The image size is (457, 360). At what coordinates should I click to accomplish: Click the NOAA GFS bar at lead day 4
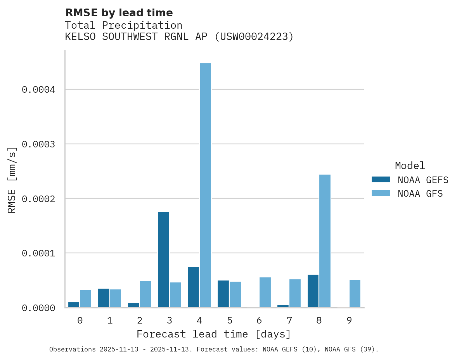pos(205,185)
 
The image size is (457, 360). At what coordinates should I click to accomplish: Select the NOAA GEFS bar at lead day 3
pos(163,260)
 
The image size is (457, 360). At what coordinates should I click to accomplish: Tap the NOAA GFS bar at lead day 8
pos(325,241)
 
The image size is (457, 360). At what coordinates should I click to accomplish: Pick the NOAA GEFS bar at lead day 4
pos(193,287)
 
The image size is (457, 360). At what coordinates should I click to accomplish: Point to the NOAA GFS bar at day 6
pos(265,292)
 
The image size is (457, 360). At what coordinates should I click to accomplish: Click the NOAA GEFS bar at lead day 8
pos(313,291)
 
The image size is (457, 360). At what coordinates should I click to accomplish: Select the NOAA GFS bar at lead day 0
pos(86,299)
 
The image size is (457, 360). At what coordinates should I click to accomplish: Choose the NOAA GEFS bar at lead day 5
pos(223,294)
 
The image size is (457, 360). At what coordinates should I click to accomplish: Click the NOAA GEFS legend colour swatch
pos(381,180)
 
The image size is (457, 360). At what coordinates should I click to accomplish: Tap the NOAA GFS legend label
pos(420,193)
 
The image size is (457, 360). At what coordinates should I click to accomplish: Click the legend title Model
pos(410,166)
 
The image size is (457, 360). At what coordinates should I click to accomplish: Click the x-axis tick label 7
pos(289,320)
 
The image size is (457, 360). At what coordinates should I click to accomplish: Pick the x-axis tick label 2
pos(140,320)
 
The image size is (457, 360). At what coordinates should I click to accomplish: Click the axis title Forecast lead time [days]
pos(214,334)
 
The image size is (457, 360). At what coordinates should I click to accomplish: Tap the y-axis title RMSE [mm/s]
pos(12,180)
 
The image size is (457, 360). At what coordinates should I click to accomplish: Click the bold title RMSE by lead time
pos(119,13)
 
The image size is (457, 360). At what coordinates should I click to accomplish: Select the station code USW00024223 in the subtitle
pos(254,37)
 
